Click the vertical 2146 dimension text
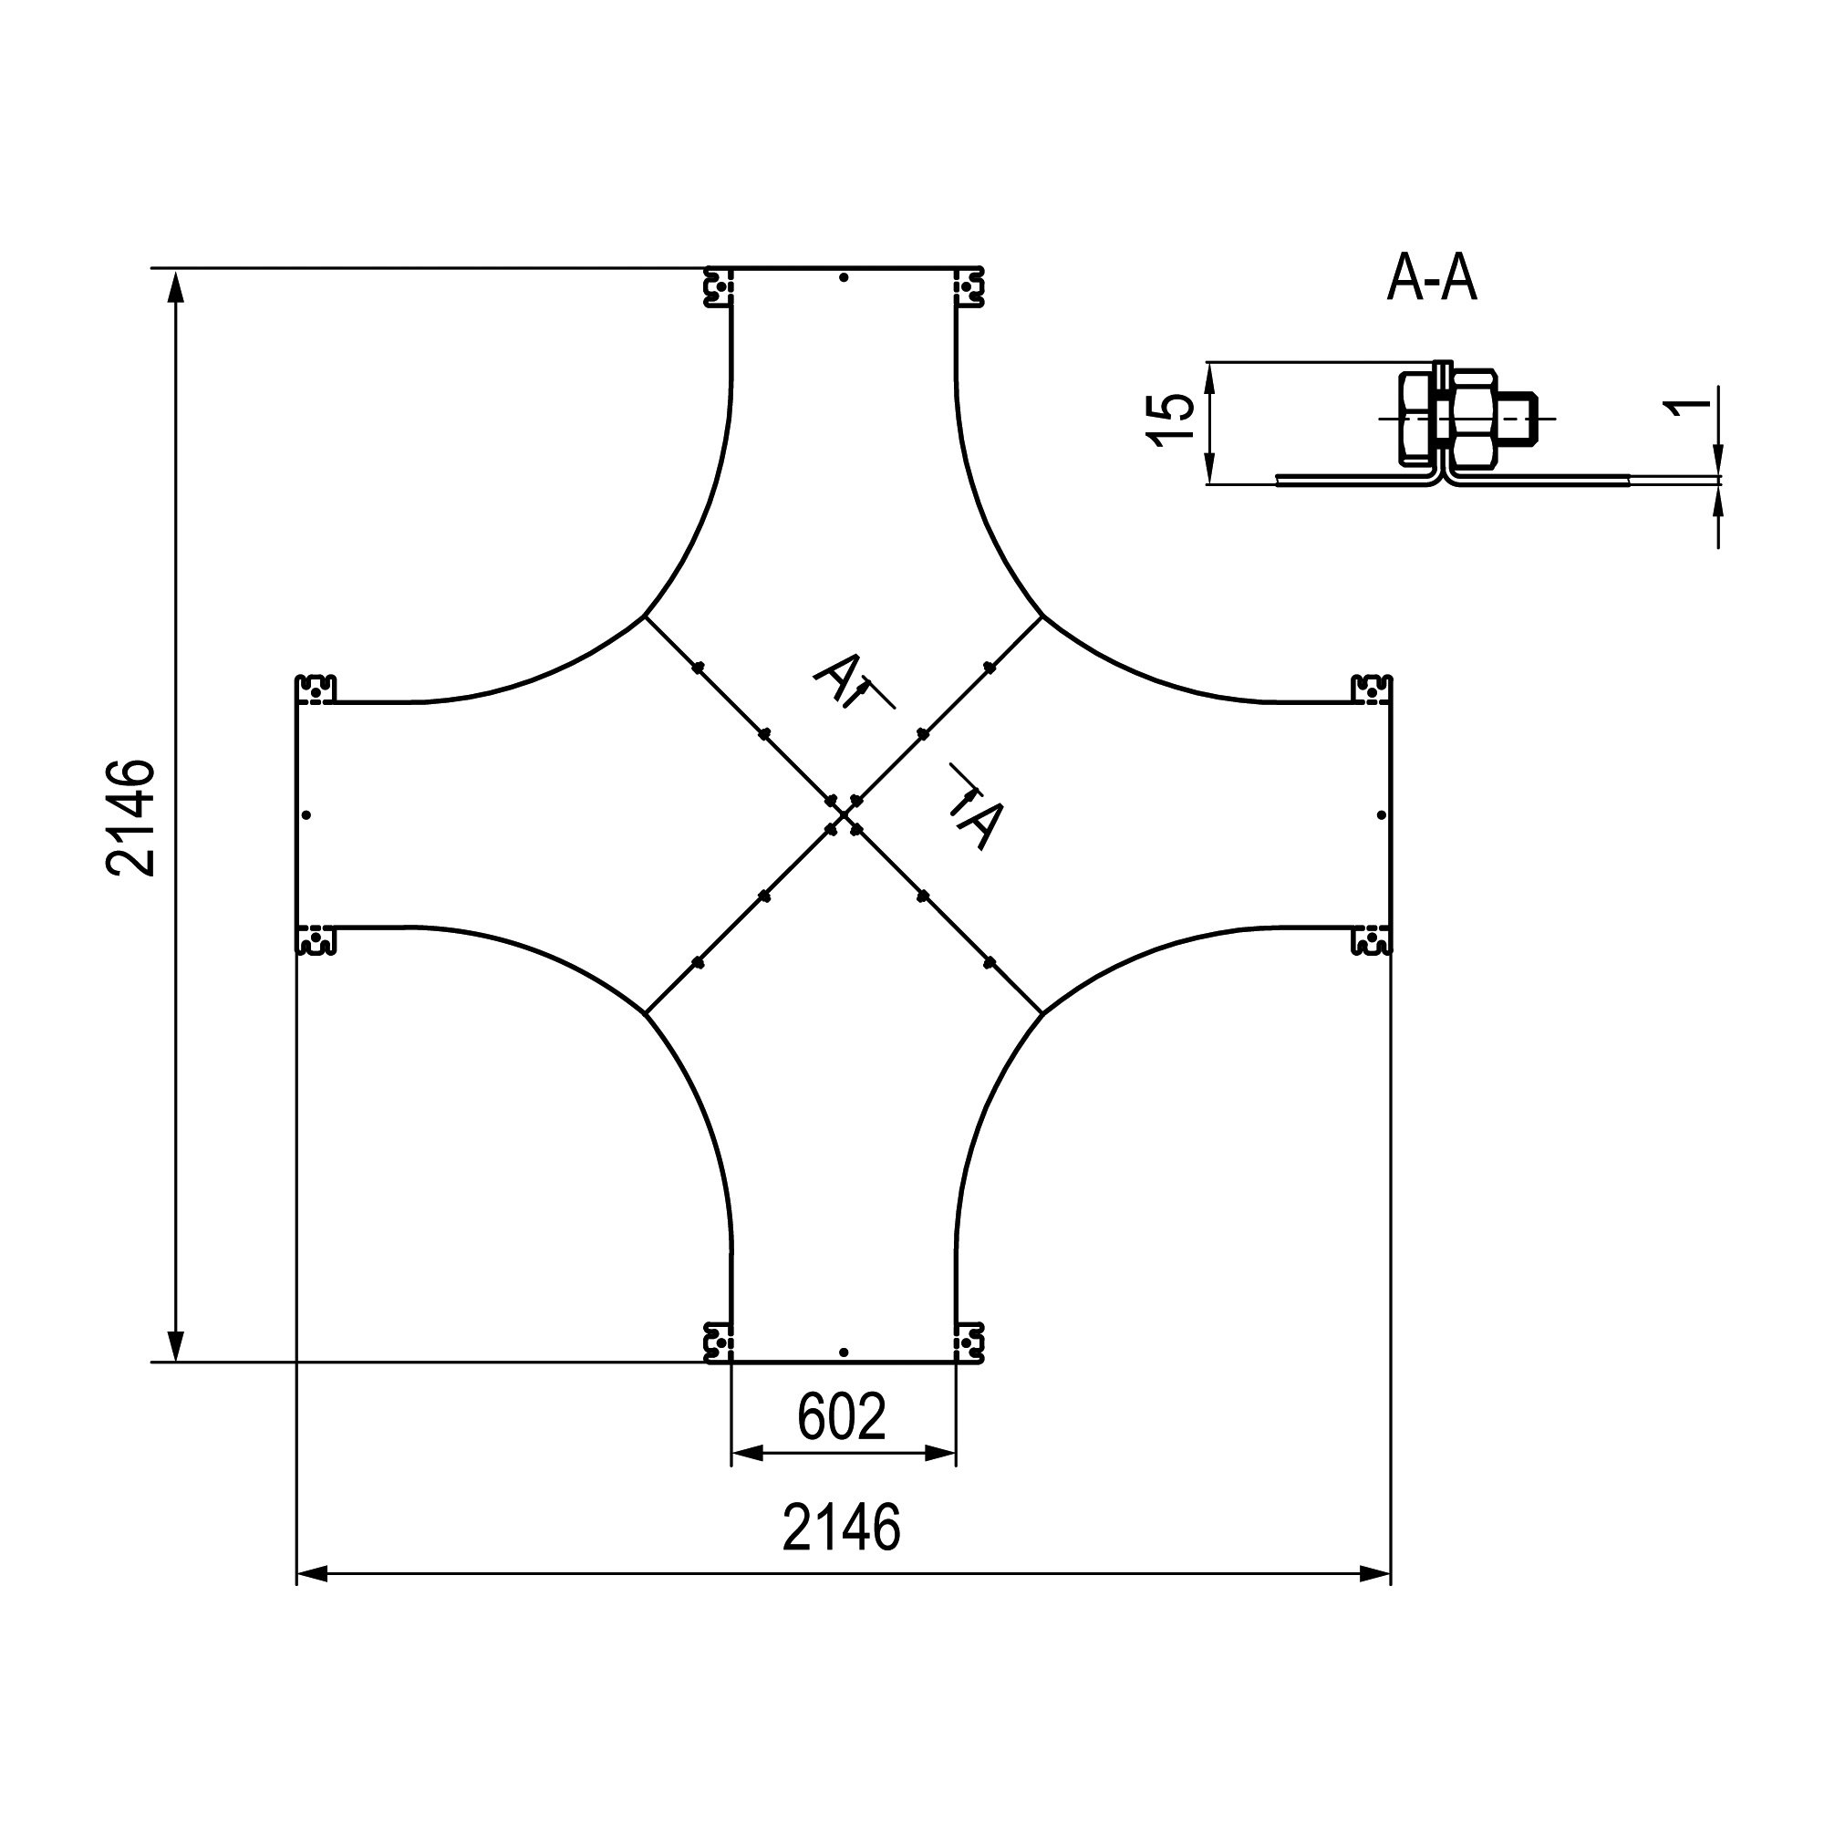pyautogui.click(x=131, y=817)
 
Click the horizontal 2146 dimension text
pyautogui.click(x=841, y=1529)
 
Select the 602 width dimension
pyautogui.click(x=841, y=1416)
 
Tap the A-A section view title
pyautogui.click(x=1430, y=279)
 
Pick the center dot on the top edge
pyautogui.click(x=844, y=277)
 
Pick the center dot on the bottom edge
pyautogui.click(x=844, y=1352)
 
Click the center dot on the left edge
pyautogui.click(x=306, y=814)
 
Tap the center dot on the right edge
pyautogui.click(x=1381, y=814)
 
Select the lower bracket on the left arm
pyautogui.click(x=316, y=940)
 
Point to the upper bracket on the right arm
pyautogui.click(x=1372, y=690)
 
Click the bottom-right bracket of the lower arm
pyautogui.click(x=969, y=1342)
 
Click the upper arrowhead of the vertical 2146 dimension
pyautogui.click(x=175, y=287)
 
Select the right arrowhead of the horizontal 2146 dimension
pyautogui.click(x=1374, y=1574)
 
